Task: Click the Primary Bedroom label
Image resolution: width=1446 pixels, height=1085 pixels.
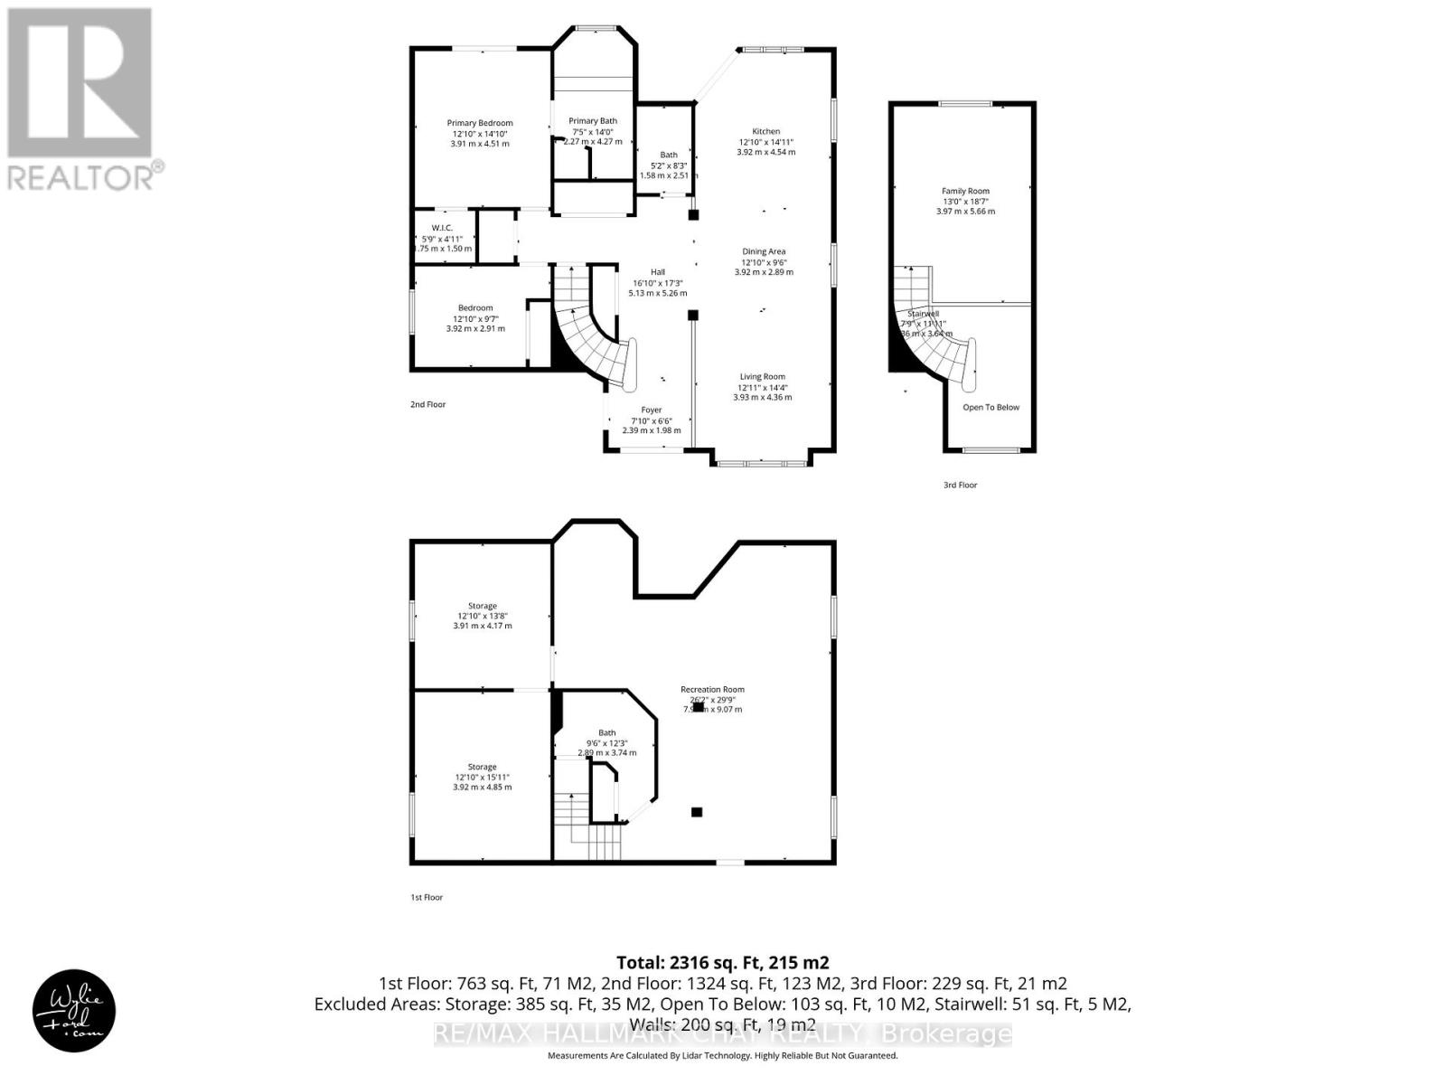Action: point(480,124)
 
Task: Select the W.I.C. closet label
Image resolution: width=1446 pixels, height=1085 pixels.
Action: point(441,228)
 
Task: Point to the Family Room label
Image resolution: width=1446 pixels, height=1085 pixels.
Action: point(965,192)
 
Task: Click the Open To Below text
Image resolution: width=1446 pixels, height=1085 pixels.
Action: point(991,408)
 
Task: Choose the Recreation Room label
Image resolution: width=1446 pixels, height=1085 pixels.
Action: point(712,690)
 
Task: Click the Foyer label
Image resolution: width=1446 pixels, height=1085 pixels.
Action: point(651,410)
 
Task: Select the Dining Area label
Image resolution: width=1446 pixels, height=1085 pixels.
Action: point(764,252)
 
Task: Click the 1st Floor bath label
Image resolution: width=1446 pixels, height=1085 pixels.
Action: point(606,733)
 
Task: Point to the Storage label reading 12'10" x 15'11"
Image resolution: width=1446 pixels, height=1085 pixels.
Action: point(482,777)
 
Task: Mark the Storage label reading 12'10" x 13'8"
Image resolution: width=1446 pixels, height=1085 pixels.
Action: point(482,616)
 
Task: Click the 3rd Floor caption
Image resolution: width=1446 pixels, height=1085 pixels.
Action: point(960,486)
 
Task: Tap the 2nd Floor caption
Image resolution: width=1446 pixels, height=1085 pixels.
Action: point(427,405)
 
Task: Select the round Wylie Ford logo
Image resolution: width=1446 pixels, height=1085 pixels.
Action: point(74,1011)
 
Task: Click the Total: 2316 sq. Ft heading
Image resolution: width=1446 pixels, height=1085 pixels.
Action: point(722,963)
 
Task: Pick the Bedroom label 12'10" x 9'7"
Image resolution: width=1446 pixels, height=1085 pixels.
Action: point(475,318)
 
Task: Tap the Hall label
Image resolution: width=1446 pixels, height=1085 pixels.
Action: point(657,272)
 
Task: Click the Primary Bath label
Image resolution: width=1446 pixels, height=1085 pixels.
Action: point(593,121)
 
